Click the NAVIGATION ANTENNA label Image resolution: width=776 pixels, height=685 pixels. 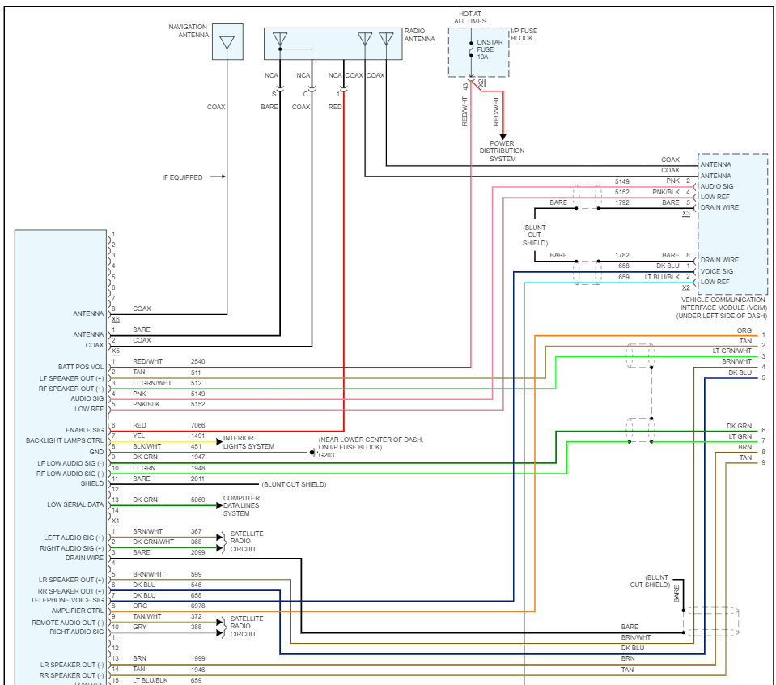[189, 31]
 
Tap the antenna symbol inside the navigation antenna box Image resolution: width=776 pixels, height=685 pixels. [227, 42]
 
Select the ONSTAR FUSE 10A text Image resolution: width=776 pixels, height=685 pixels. [489, 49]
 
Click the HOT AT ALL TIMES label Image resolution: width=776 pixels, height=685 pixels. [470, 17]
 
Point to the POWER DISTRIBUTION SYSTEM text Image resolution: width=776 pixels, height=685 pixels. [502, 151]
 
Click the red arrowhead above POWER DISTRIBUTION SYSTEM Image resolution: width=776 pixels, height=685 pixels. [502, 136]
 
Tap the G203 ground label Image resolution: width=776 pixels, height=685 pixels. [326, 455]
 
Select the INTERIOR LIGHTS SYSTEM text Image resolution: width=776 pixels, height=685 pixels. [248, 442]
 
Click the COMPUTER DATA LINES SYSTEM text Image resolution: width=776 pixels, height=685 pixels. [241, 506]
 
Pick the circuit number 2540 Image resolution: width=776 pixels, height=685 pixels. [197, 362]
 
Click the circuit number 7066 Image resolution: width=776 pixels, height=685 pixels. [197, 425]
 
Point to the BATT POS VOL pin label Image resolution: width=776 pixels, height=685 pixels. [81, 367]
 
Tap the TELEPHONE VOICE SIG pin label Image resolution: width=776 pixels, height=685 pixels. [67, 600]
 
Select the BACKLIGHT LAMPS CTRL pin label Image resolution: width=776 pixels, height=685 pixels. [65, 440]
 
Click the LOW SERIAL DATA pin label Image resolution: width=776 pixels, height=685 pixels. [75, 504]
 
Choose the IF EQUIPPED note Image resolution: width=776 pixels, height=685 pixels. [182, 177]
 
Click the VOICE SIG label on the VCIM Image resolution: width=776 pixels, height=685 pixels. [717, 271]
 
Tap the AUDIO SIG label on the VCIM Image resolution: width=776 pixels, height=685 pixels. [717, 186]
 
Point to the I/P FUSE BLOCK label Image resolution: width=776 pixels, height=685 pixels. [524, 34]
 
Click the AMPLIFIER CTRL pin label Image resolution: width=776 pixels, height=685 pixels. [78, 611]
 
